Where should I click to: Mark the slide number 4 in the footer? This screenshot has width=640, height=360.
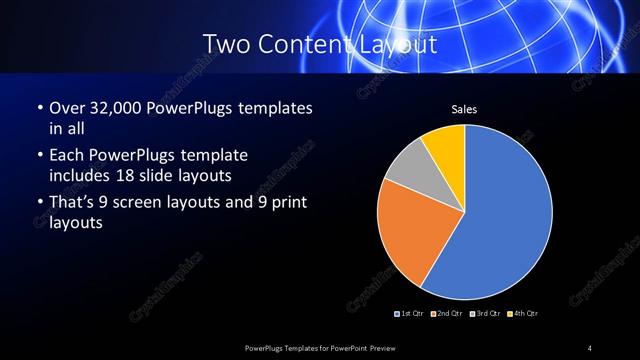point(590,347)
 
